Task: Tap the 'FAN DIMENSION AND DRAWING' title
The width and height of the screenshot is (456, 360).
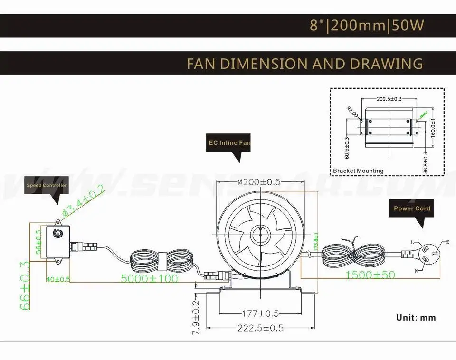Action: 304,63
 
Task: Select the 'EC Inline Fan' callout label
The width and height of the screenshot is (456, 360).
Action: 228,142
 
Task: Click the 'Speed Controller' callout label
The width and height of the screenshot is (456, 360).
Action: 47,185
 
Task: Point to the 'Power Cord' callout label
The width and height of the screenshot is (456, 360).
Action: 412,208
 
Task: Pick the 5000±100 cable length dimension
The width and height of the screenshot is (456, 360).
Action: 149,278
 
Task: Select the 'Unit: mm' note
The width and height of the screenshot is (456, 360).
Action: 416,318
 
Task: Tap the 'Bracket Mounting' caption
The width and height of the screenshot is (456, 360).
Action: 358,171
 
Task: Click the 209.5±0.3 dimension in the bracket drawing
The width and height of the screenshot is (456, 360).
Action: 389,99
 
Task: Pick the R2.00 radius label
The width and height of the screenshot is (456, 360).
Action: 352,112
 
